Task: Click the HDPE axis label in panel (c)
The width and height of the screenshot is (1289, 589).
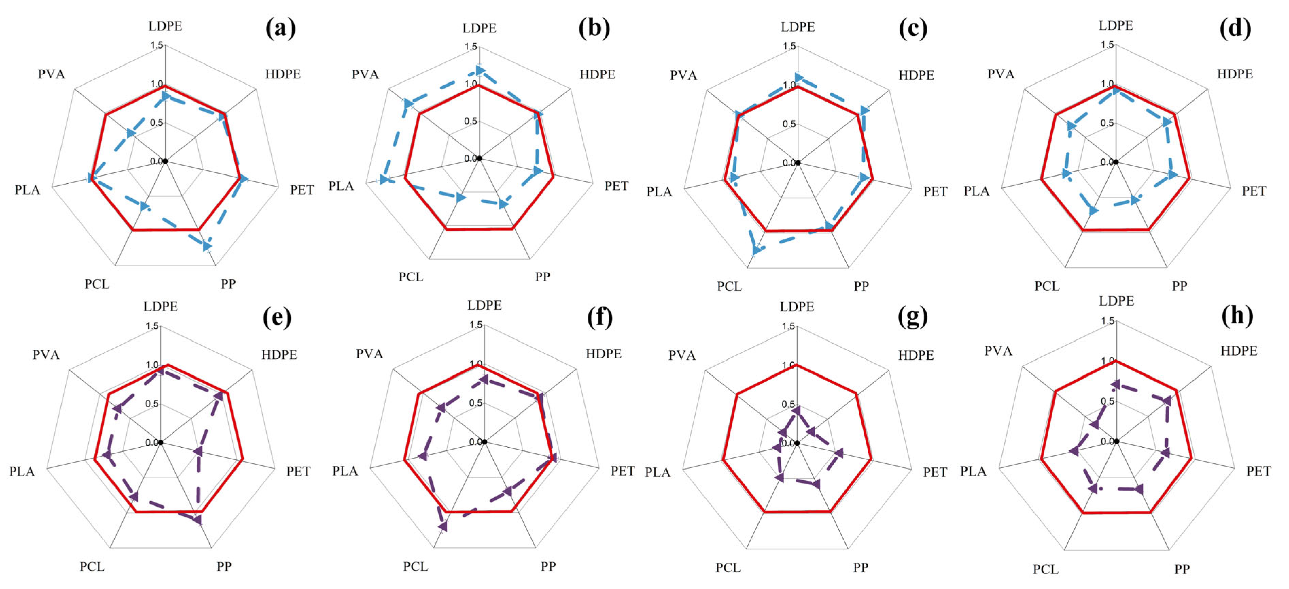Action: click(x=916, y=75)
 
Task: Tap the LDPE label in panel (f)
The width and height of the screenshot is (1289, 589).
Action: click(x=484, y=305)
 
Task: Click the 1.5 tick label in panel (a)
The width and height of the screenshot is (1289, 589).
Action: click(x=157, y=45)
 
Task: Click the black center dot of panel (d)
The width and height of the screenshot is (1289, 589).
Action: click(x=1116, y=162)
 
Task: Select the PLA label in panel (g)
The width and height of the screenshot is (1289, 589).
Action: click(x=658, y=472)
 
